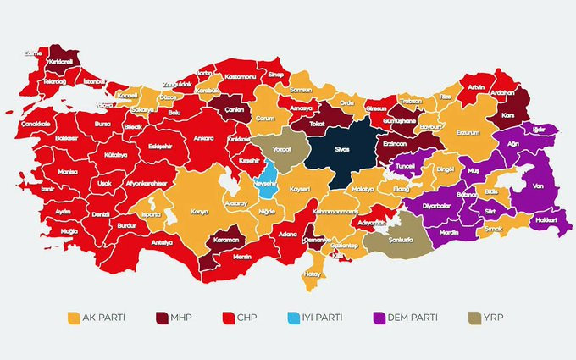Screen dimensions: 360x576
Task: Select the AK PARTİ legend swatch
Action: pos(74,318)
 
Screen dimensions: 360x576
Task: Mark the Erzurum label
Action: pos(468,133)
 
